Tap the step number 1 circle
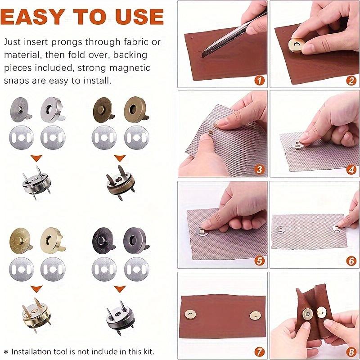260,81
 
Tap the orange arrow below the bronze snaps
119,158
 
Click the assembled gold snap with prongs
36,310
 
